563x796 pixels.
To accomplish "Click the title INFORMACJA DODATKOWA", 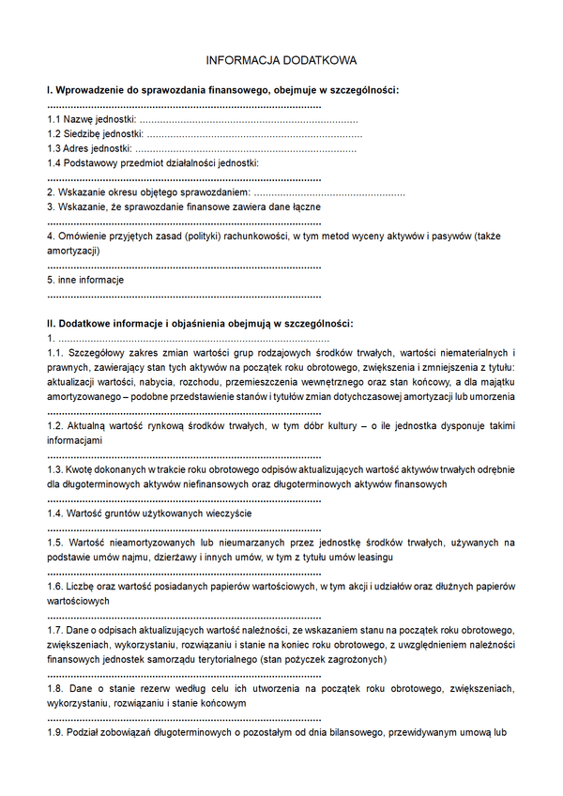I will pyautogui.click(x=281, y=61).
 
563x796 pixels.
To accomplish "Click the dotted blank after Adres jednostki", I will pyautogui.click(x=246, y=148).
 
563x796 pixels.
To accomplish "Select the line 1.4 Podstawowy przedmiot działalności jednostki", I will pyautogui.click(x=152, y=162).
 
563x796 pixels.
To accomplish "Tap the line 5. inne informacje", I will pyautogui.click(x=85, y=280).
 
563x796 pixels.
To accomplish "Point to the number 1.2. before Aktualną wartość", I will pyautogui.click(x=56, y=425).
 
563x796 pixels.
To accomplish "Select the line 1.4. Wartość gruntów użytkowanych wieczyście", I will pyautogui.click(x=149, y=513).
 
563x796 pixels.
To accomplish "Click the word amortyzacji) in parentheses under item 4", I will pyautogui.click(x=73, y=251).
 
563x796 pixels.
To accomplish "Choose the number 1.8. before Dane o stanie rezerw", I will pyautogui.click(x=56, y=688).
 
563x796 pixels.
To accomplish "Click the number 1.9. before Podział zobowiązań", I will pyautogui.click(x=56, y=732).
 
